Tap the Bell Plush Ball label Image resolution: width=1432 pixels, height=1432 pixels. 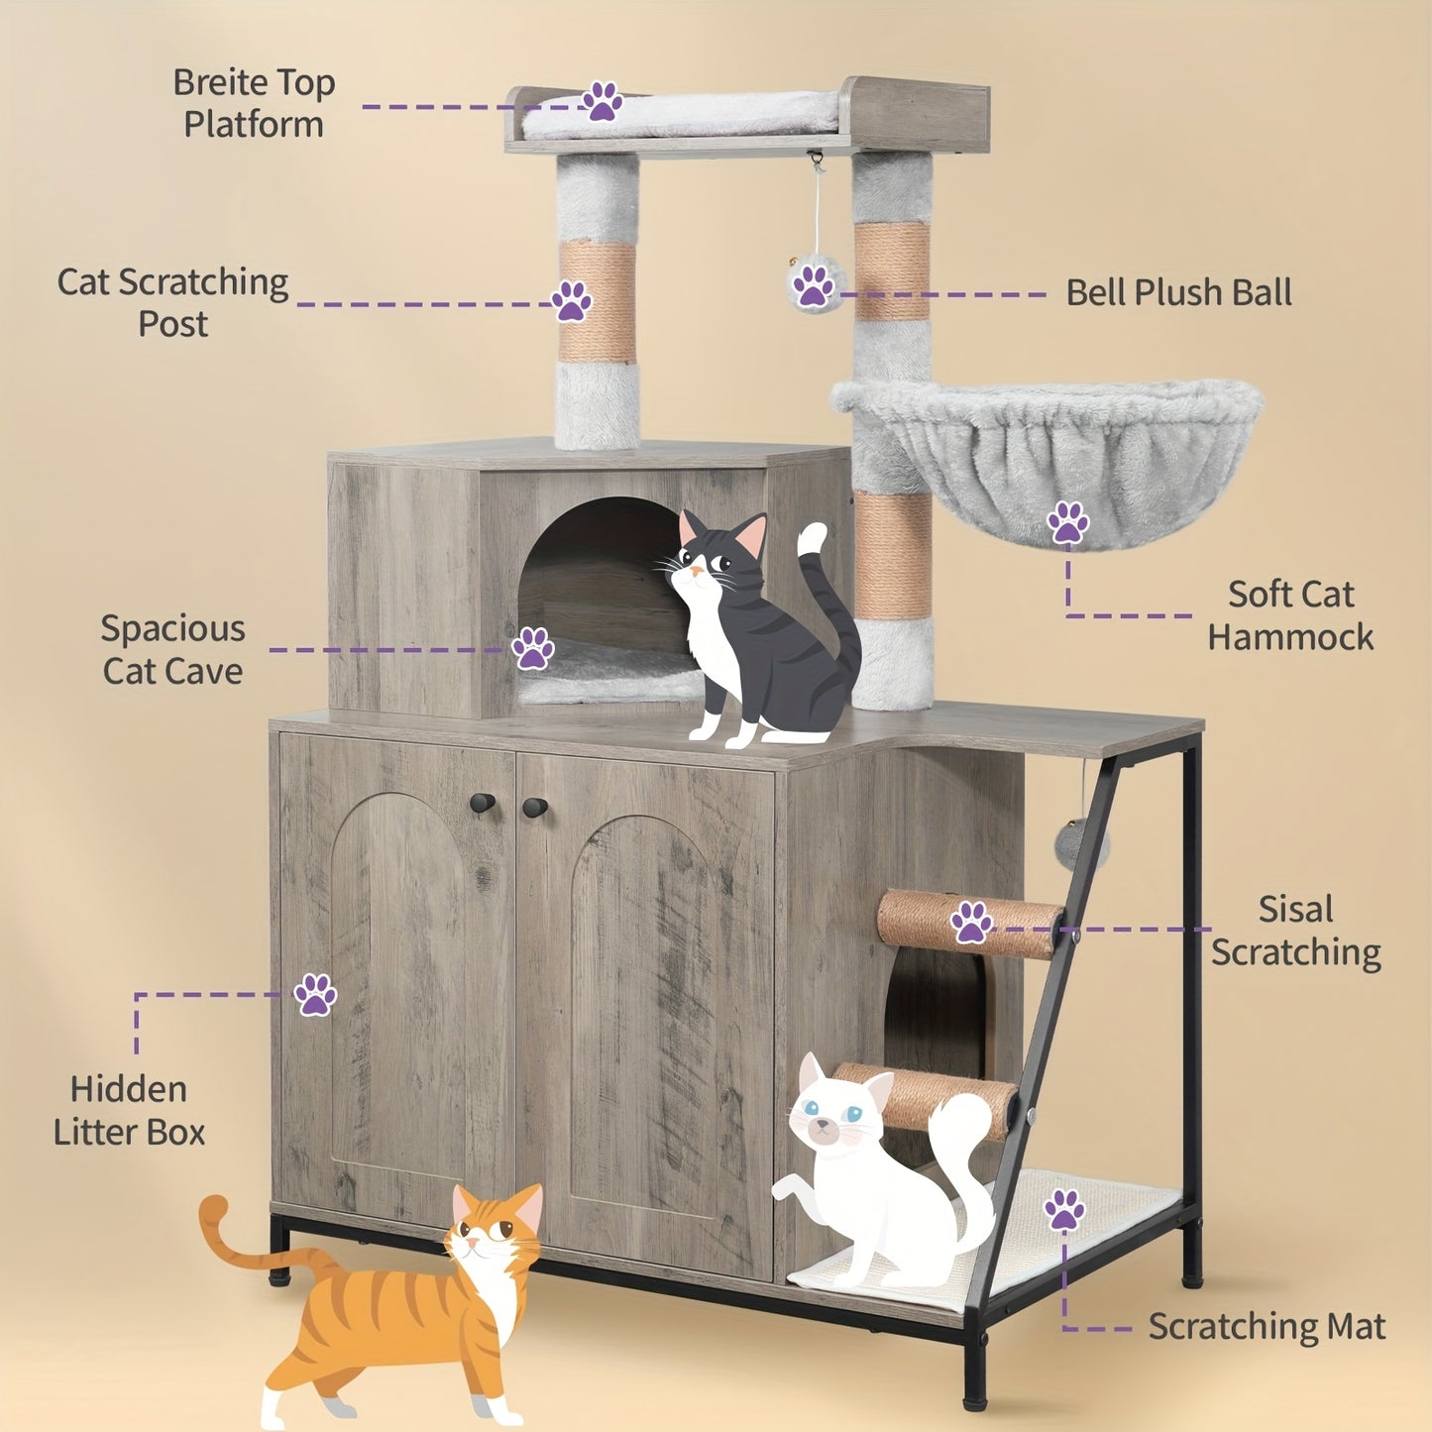click(x=1177, y=293)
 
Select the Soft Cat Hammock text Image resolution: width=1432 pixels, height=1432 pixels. click(x=1289, y=615)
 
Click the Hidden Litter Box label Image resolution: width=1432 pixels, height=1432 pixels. click(x=129, y=1110)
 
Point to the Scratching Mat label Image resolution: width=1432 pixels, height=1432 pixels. click(x=1266, y=1326)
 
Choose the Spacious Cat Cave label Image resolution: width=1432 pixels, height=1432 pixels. click(x=172, y=650)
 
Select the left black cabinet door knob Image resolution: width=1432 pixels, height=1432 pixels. click(x=483, y=804)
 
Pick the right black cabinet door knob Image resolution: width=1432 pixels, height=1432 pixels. click(x=535, y=807)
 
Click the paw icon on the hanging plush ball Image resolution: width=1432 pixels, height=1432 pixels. click(x=814, y=285)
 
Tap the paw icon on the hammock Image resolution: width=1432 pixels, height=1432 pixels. click(x=1067, y=522)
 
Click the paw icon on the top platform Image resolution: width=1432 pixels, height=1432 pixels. click(x=602, y=102)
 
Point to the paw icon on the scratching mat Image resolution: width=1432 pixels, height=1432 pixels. click(x=1064, y=1210)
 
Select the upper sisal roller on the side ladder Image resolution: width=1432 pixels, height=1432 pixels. click(x=966, y=923)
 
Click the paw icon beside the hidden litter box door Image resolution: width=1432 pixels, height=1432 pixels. click(x=315, y=994)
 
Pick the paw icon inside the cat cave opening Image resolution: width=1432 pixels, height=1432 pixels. click(x=533, y=649)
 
